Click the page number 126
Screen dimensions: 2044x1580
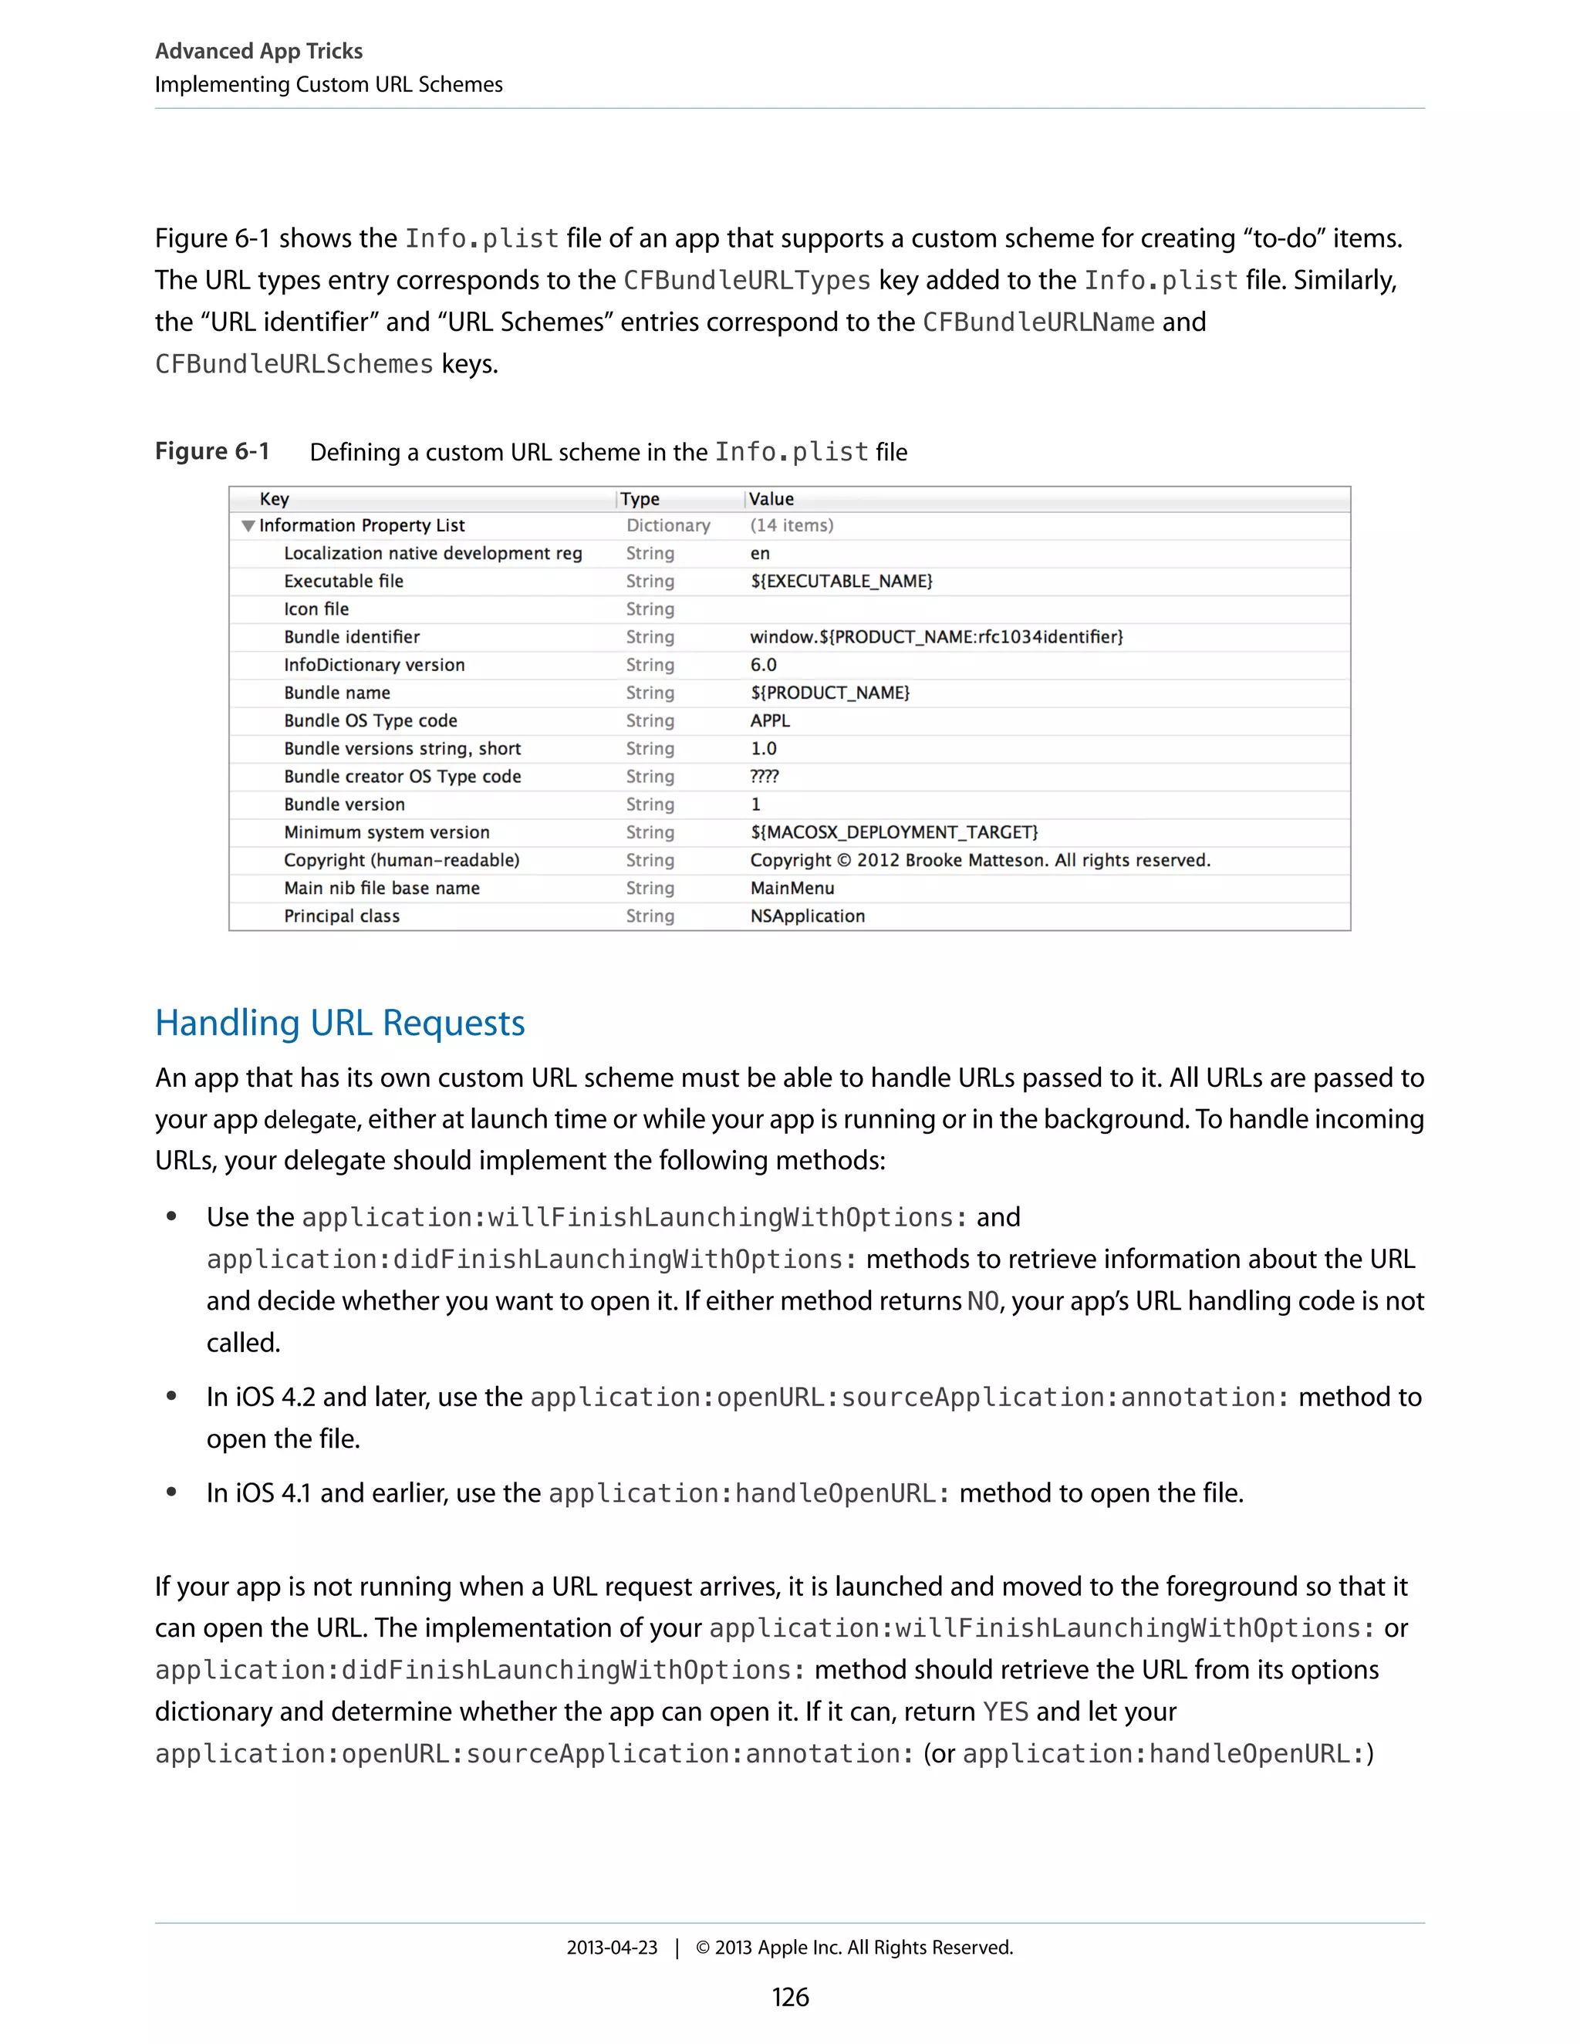(789, 1997)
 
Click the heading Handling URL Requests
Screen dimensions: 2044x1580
(339, 1023)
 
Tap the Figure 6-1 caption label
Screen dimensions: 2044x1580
(212, 451)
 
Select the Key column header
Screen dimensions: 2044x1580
(274, 499)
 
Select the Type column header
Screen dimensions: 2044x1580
(640, 499)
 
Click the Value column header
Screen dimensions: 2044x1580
(771, 499)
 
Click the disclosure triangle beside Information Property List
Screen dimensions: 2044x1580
(248, 526)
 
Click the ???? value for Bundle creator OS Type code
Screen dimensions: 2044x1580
(764, 777)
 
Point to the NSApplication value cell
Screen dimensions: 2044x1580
(807, 916)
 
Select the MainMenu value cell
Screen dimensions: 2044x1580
(792, 888)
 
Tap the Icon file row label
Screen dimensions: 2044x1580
(316, 609)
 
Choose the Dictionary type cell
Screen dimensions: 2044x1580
(668, 526)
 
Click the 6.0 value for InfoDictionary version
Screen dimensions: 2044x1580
(763, 664)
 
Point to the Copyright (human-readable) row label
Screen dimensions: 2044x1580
(401, 860)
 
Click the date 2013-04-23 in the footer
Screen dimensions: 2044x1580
(611, 1948)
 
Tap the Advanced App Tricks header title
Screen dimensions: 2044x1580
(258, 51)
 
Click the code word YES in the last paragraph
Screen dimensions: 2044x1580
(1005, 1712)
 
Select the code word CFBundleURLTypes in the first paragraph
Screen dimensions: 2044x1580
(746, 281)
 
